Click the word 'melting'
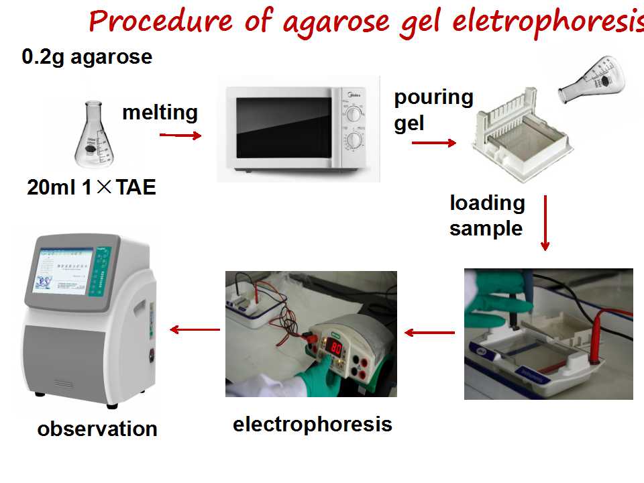(160, 113)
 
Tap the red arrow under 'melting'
(180, 135)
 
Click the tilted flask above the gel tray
(592, 80)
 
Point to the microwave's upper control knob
(354, 114)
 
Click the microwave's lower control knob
(354, 140)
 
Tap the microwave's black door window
(284, 127)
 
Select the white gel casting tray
(523, 136)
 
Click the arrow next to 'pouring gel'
(434, 143)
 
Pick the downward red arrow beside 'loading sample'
(545, 223)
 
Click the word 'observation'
(97, 429)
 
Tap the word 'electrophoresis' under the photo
(313, 424)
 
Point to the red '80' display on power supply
(336, 348)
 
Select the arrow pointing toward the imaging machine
(195, 329)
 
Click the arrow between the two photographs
(429, 333)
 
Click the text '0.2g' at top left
(43, 57)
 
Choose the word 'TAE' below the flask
(136, 188)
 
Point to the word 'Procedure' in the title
(160, 21)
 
